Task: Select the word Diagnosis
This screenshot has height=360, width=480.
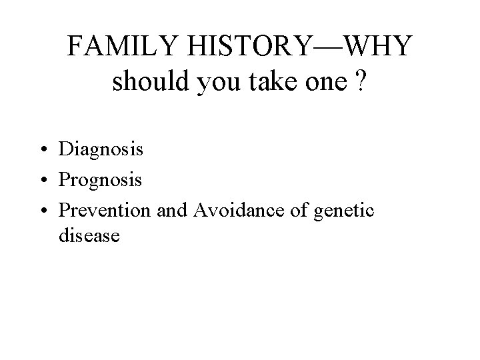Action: tap(101, 149)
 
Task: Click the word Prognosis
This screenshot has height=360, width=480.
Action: tap(101, 180)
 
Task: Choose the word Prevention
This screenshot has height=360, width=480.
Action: tap(105, 211)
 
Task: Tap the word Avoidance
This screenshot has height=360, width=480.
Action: tap(228, 211)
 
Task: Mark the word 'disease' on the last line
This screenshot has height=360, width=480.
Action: tap(89, 235)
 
